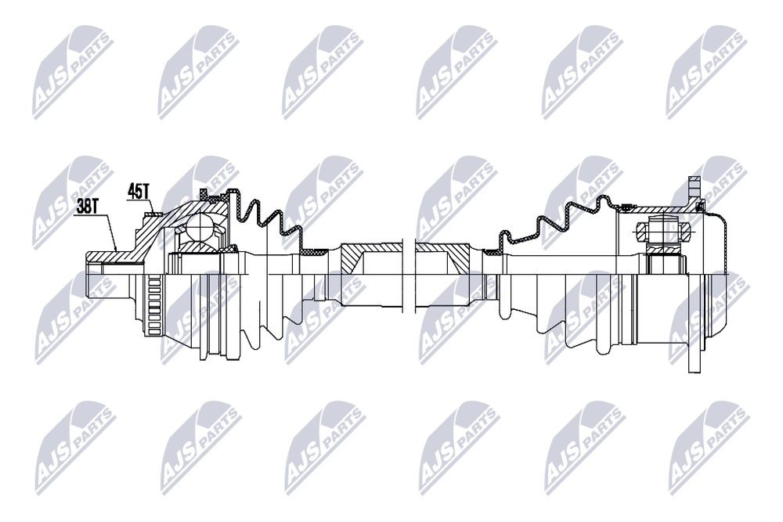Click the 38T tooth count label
pos(88,207)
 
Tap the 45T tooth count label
pos(139,190)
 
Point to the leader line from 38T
pos(106,232)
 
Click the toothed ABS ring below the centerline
pos(154,304)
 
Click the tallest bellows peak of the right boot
pos(605,199)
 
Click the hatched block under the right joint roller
pos(664,250)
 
